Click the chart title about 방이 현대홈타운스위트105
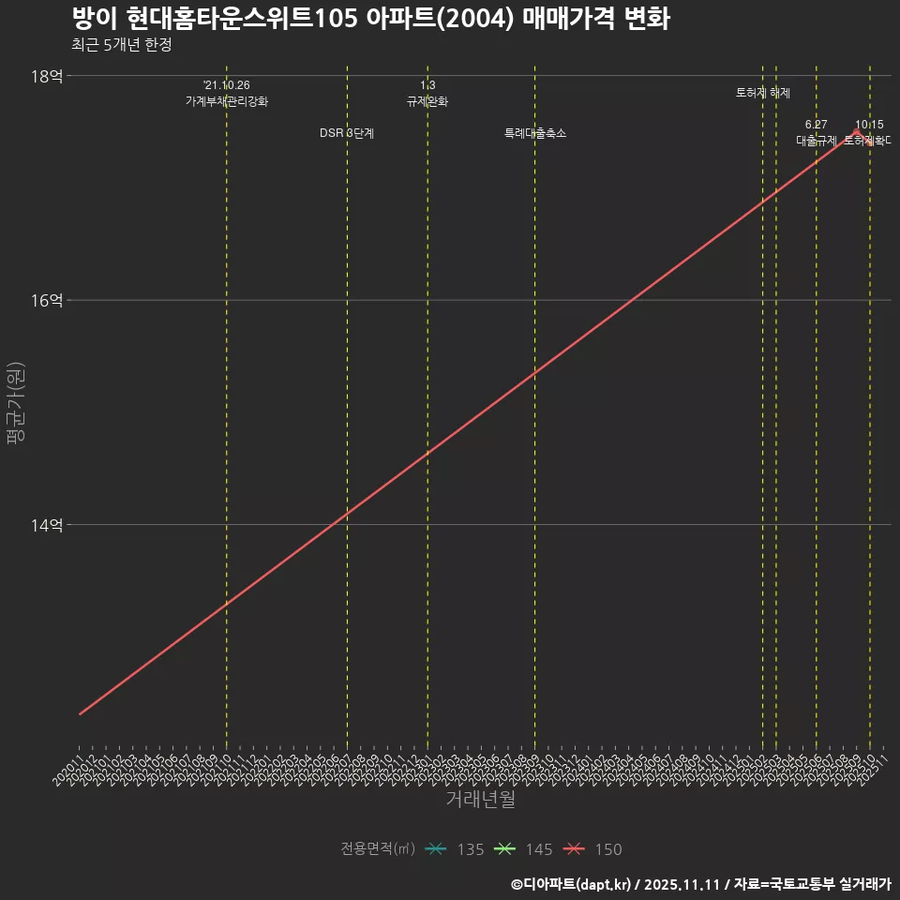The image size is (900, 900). pos(370,19)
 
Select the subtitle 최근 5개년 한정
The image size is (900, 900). pos(121,45)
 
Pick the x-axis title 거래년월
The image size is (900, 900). pos(480,800)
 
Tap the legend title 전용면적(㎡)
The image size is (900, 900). pos(377,849)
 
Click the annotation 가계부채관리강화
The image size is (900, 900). pos(227,101)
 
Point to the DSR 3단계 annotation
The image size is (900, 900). pos(347,133)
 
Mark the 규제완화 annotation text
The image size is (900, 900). pos(427,101)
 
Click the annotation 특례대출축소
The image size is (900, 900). pos(535,133)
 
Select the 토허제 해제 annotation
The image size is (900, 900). pos(763,93)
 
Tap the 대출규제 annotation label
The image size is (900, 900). pos(817,141)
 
